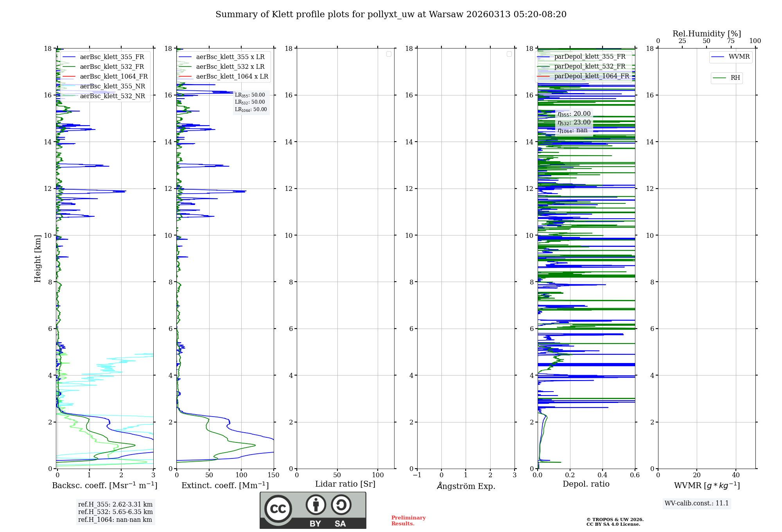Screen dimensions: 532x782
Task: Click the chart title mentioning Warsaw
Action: click(391, 14)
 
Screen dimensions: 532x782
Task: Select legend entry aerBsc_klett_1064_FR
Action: click(113, 76)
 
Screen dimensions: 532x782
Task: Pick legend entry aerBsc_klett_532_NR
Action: click(112, 96)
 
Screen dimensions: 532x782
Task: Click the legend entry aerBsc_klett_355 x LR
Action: click(230, 57)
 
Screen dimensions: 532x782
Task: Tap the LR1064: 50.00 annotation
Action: click(251, 110)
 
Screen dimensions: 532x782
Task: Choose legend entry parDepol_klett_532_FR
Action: click(590, 66)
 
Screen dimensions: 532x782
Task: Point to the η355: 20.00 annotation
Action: click(574, 114)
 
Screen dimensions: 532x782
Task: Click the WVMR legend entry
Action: click(739, 57)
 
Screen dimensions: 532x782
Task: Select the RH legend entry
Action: click(735, 78)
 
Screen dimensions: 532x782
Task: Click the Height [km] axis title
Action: click(38, 258)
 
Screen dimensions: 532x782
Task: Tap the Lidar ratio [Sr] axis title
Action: click(345, 484)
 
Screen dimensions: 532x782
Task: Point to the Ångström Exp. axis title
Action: click(466, 486)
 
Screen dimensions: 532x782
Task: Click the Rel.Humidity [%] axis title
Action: click(707, 34)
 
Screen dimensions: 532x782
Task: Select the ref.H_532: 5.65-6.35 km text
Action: click(115, 512)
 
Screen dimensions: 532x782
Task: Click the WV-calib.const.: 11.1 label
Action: click(697, 503)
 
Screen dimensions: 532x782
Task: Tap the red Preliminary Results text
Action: click(408, 520)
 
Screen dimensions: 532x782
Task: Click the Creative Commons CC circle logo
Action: click(278, 509)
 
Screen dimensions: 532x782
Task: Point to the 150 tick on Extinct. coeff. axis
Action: click(274, 475)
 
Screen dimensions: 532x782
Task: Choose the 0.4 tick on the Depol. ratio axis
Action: click(603, 475)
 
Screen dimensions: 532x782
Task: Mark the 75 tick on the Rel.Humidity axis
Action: click(731, 41)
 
